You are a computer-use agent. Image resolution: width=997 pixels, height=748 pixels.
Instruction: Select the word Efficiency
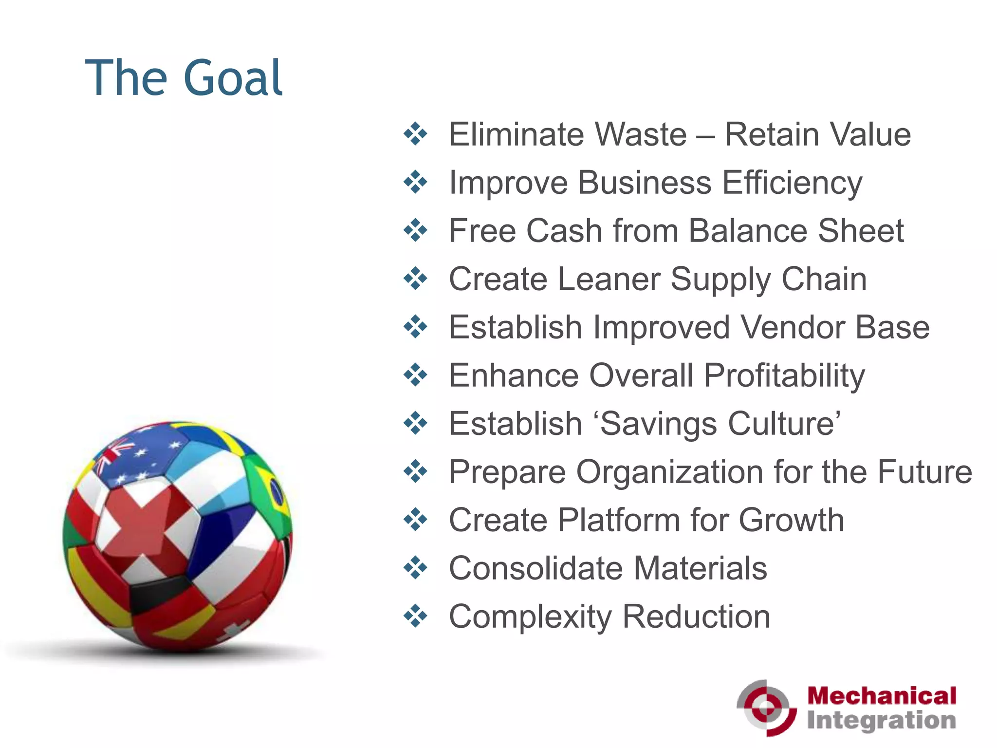click(792, 183)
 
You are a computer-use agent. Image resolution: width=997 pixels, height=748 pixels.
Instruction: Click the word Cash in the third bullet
click(564, 231)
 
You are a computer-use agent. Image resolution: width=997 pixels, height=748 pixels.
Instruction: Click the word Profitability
click(785, 376)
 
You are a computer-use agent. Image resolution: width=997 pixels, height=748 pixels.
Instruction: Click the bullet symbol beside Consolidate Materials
click(415, 568)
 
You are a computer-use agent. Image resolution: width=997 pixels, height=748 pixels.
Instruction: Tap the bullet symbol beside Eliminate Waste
click(415, 134)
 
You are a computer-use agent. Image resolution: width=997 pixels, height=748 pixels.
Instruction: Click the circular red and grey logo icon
click(766, 708)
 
